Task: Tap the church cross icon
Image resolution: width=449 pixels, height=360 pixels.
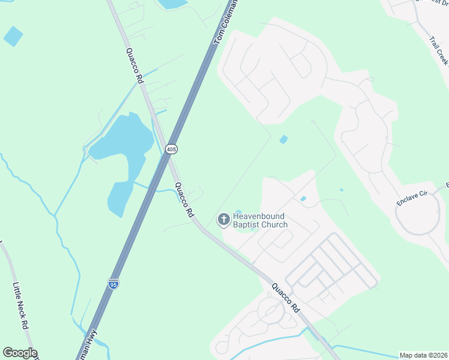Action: pos(223,220)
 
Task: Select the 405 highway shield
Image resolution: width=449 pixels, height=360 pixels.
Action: pos(172,148)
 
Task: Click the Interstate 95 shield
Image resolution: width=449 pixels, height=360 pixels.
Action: pos(113,283)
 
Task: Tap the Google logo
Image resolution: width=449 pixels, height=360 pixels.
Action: pos(20,353)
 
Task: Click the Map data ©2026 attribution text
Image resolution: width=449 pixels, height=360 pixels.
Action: pos(423,355)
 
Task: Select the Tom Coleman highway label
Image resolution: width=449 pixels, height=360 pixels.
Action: pos(227,21)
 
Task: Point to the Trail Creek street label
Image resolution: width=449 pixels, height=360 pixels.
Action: pos(439,51)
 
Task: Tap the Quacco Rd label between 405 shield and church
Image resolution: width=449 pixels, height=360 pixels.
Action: pos(184,200)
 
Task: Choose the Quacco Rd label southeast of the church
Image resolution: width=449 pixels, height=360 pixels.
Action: pos(285,298)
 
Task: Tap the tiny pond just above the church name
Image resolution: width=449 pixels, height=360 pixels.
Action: pos(239,211)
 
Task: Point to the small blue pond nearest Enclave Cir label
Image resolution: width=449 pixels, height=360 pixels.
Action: pos(342,190)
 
